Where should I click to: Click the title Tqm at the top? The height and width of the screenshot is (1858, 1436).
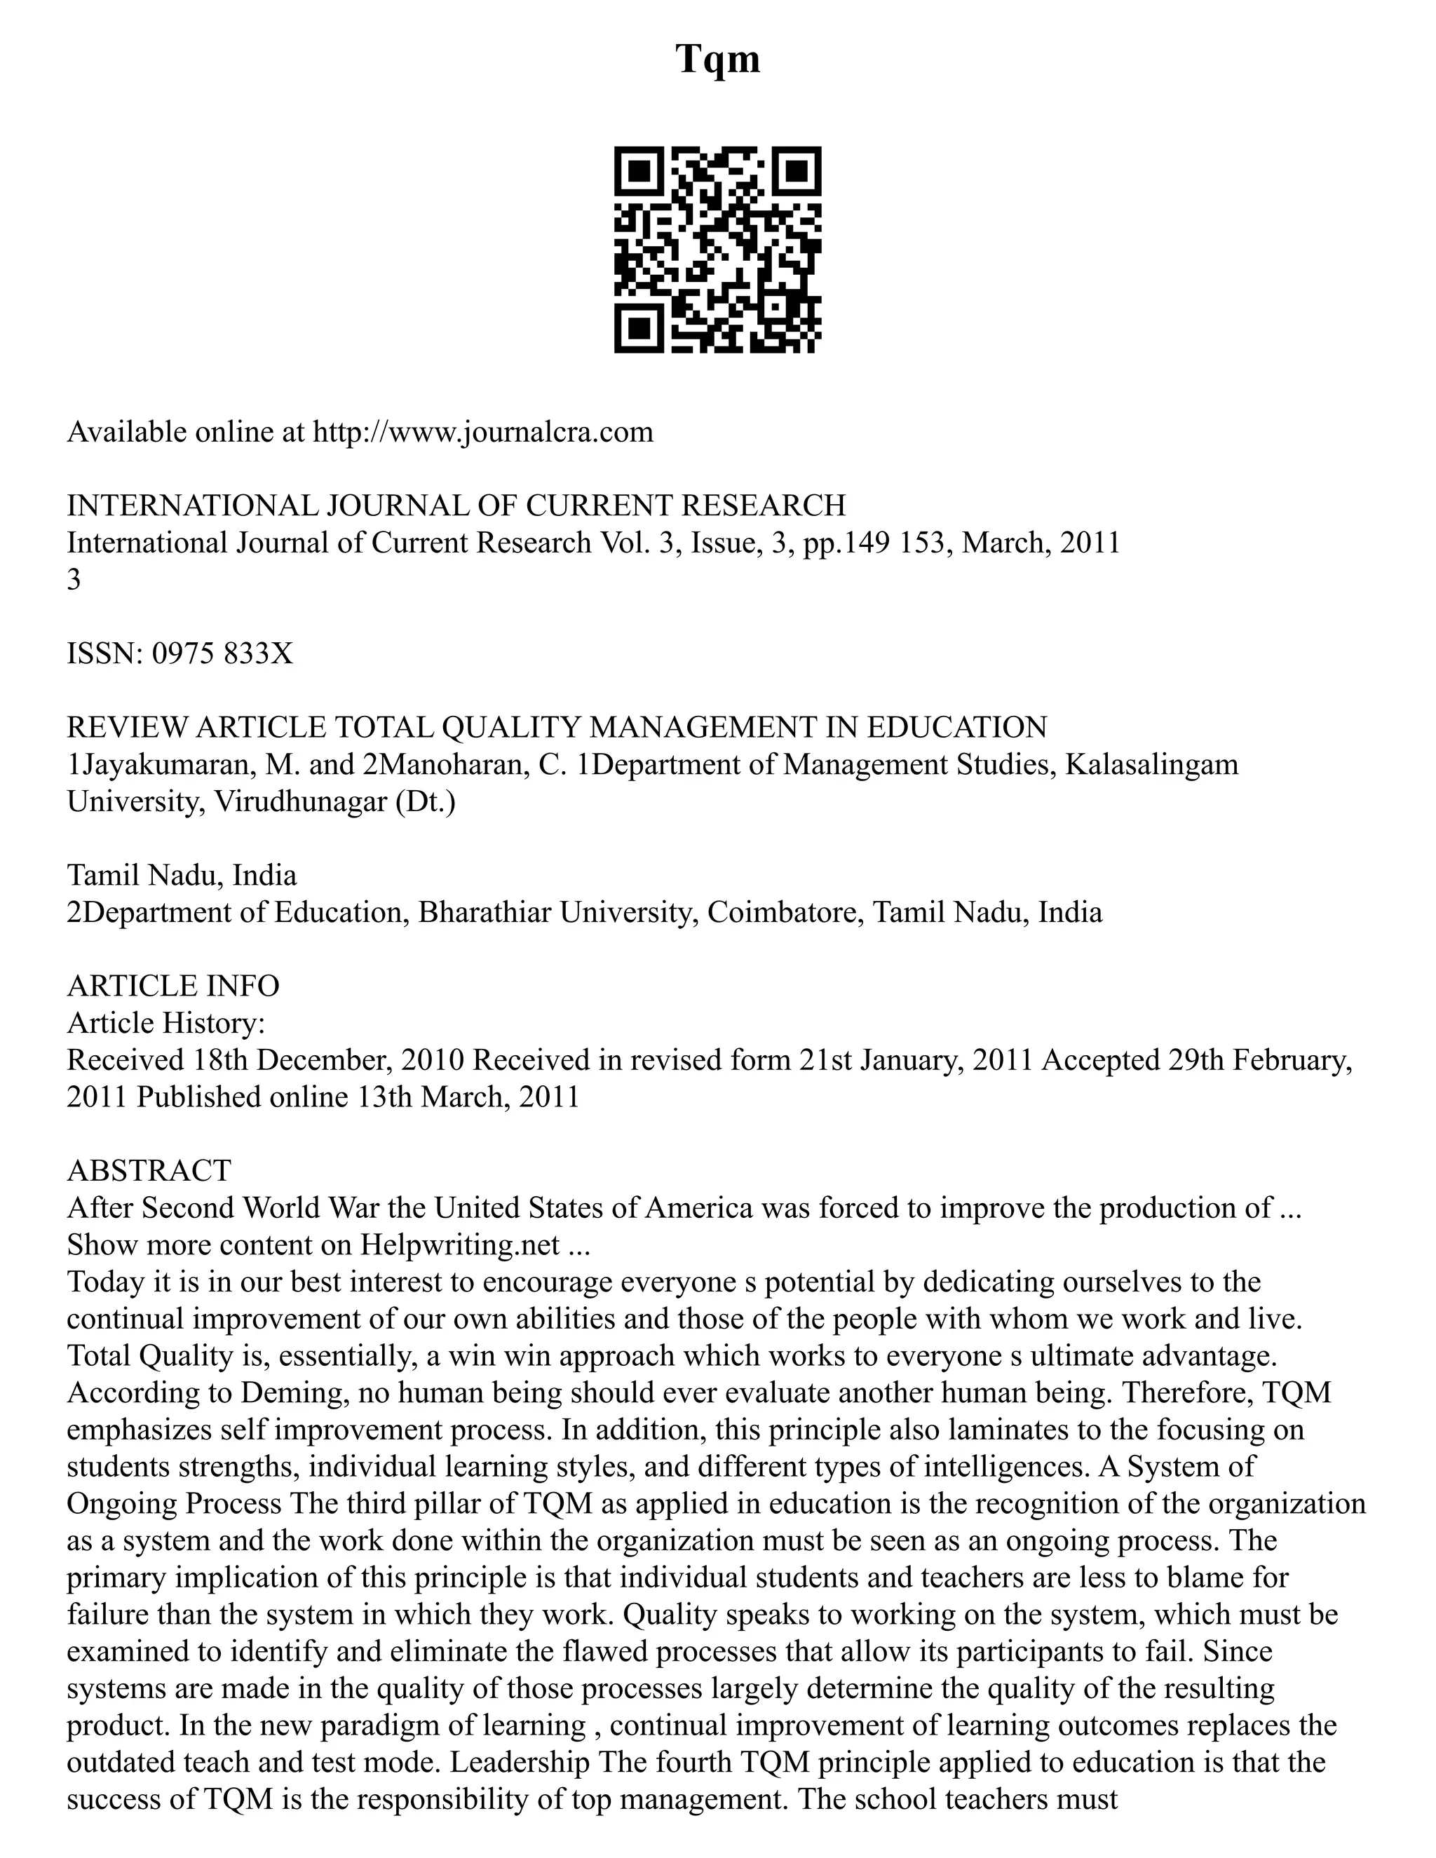pos(717,60)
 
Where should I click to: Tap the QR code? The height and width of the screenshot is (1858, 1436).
pos(717,250)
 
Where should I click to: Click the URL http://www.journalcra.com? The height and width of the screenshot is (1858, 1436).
pos(482,432)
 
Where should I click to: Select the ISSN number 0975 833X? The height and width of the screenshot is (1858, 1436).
pos(222,653)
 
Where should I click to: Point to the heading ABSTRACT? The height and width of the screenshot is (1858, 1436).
pos(149,1171)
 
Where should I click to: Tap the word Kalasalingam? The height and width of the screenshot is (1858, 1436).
pos(1152,764)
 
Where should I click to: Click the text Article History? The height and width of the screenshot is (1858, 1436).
pos(167,1022)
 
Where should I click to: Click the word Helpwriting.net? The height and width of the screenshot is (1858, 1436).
pos(459,1245)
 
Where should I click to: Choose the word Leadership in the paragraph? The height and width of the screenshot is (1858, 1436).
pos(519,1762)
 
